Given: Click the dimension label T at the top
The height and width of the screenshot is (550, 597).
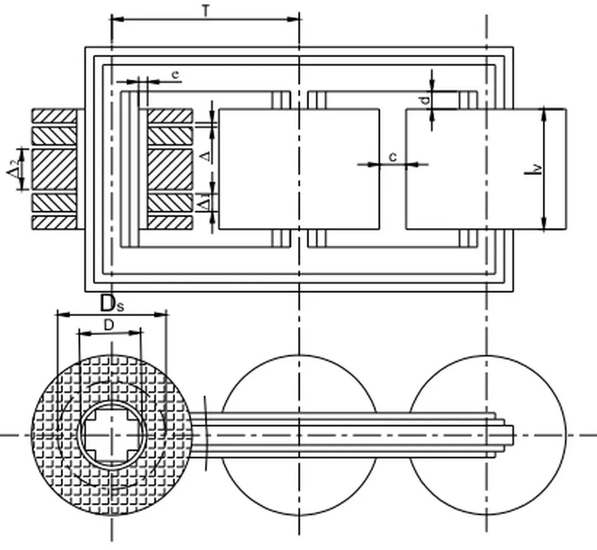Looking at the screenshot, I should pyautogui.click(x=205, y=11).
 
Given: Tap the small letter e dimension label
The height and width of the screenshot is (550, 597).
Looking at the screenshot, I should pyautogui.click(x=175, y=75).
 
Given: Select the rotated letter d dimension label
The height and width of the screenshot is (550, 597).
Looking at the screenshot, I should pyautogui.click(x=425, y=101).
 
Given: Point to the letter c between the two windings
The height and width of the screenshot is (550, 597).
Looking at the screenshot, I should pyautogui.click(x=392, y=157).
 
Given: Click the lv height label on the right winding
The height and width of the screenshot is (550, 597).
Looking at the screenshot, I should pyautogui.click(x=532, y=169).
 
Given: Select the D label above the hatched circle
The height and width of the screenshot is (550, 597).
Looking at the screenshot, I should pyautogui.click(x=109, y=326).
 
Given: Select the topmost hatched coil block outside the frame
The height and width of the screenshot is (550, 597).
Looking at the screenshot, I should pyautogui.click(x=54, y=116).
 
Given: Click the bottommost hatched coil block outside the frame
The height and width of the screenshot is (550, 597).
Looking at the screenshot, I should pyautogui.click(x=54, y=222).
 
